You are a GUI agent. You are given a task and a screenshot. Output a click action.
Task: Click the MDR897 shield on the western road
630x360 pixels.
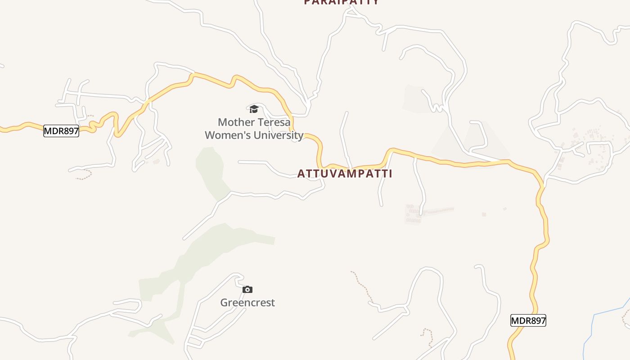click(61, 131)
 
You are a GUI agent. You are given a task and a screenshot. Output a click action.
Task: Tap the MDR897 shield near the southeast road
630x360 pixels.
click(528, 320)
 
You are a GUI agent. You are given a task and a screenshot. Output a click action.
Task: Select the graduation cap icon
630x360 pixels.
click(254, 109)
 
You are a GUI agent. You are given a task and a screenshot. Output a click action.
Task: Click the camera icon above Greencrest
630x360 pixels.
click(247, 289)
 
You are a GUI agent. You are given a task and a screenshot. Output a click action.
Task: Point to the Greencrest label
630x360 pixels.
click(247, 302)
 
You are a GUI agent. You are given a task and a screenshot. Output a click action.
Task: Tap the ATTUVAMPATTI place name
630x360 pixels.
click(345, 174)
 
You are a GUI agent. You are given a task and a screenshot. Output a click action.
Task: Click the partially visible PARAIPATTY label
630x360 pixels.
click(341, 2)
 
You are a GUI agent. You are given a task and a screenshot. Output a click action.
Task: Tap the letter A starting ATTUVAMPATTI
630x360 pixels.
click(301, 174)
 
